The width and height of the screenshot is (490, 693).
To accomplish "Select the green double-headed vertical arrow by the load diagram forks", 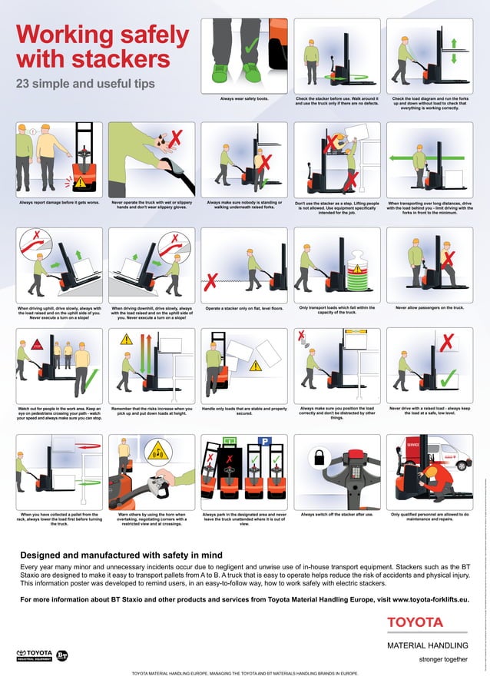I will pyautogui.click(x=454, y=48).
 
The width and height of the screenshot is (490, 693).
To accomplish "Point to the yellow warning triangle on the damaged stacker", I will pyautogui.click(x=80, y=182).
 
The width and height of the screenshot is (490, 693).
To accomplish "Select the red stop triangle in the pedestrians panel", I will pyautogui.click(x=35, y=345).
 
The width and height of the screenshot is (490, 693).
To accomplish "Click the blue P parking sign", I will pyautogui.click(x=263, y=441).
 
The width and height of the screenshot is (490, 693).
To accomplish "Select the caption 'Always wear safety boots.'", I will pyautogui.click(x=245, y=99).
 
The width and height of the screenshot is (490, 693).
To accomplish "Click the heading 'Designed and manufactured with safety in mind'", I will pyautogui.click(x=121, y=554).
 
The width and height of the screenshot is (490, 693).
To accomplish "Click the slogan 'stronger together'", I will pyautogui.click(x=442, y=658).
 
